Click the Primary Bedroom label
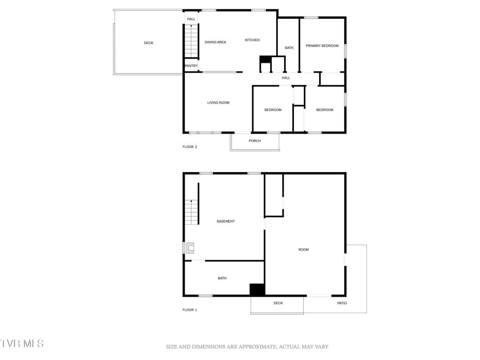pos(322,46)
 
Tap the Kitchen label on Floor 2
pos(252,40)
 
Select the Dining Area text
pos(216,42)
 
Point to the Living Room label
pos(218,103)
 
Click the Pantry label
pos(191,66)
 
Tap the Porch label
pos(255,141)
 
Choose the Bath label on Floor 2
pos(289,48)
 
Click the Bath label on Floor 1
pos(222,278)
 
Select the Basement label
pos(225,221)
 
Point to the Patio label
pos(342,303)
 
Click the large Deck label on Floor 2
pos(149,43)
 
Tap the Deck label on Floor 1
pos(278,303)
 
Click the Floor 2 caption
pos(190,147)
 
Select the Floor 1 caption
pos(190,310)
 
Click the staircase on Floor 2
pos(191,41)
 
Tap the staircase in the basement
pos(191,212)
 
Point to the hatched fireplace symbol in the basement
pos(190,247)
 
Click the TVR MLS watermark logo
pos(22,344)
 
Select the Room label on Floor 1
pos(304,250)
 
